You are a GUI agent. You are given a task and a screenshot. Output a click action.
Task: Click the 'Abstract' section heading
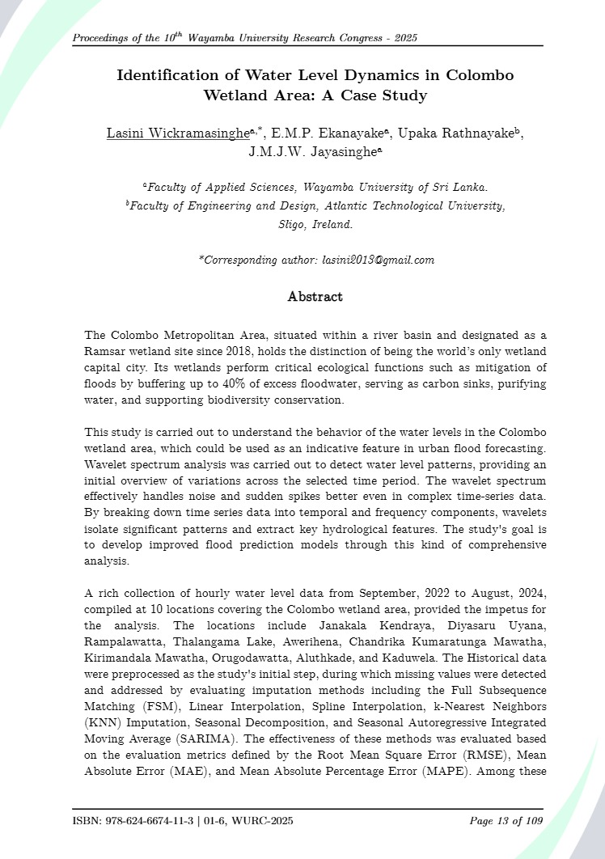(x=315, y=297)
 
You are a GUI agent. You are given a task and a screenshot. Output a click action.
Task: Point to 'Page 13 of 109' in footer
(x=506, y=822)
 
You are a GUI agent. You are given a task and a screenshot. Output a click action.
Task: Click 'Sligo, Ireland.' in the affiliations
(x=315, y=225)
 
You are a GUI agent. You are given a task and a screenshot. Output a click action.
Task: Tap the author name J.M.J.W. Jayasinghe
(x=314, y=151)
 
